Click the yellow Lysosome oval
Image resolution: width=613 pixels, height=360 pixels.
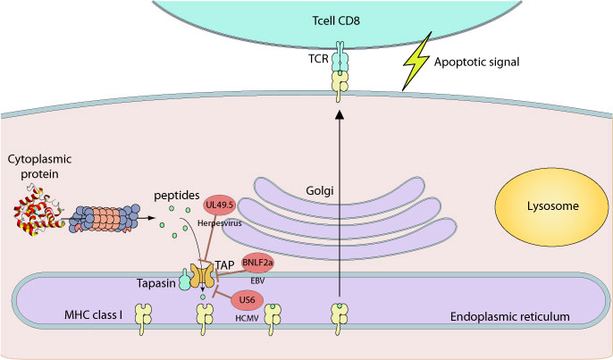point(538,206)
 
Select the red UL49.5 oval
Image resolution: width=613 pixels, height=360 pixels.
point(220,206)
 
